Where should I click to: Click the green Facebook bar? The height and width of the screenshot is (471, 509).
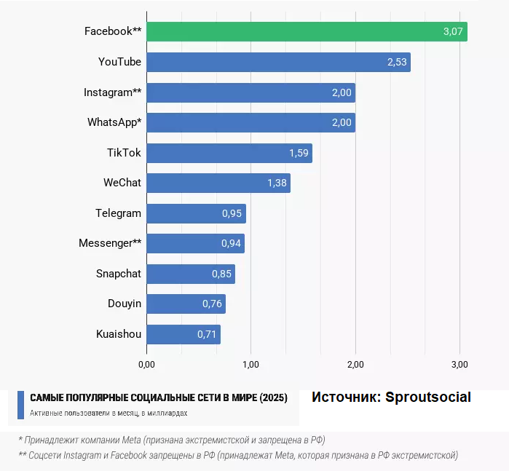coord(307,31)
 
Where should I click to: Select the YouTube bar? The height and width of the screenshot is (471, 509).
coord(278,62)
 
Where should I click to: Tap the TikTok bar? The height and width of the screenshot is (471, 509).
coord(229,153)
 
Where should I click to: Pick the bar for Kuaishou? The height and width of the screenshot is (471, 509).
coord(183,334)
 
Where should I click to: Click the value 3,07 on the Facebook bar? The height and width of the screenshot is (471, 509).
coord(452,31)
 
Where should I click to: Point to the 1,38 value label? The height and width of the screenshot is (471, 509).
coord(277,183)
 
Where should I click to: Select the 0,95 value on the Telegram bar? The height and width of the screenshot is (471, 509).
coord(232,213)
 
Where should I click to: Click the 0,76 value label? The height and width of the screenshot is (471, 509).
coord(212,304)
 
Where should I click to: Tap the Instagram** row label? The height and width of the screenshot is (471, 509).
coord(112,92)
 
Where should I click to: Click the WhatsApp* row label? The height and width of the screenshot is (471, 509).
coord(114,122)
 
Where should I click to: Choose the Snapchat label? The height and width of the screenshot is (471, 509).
coord(119,274)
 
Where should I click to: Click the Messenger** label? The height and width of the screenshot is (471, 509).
coord(110,243)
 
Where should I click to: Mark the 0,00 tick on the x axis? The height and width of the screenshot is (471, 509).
coord(146,363)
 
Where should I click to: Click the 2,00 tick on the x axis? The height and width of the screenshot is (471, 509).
coord(355,363)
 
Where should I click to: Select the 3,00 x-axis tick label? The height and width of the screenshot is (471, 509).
coord(459,363)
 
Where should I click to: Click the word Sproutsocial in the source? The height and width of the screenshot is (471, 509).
coord(428,397)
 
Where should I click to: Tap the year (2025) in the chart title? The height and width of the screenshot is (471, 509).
coord(273,398)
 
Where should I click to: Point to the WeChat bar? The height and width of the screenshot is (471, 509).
coord(218,183)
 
